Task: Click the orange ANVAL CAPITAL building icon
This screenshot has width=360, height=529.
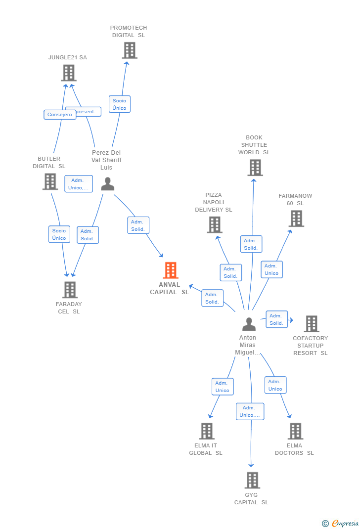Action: pos(171,270)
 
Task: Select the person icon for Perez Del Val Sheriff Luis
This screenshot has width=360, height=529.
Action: pos(107,184)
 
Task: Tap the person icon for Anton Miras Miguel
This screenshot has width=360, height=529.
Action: pos(249,324)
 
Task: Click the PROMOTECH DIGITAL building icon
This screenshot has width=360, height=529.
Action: pos(129,50)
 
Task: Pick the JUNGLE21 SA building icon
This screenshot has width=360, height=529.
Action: pos(68,73)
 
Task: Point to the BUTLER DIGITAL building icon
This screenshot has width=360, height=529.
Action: pos(50,181)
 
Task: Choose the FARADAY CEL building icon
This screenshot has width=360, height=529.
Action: pos(70,290)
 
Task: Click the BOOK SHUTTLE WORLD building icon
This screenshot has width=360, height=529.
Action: pos(255,168)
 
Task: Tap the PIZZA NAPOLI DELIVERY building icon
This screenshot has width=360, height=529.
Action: pos(214,225)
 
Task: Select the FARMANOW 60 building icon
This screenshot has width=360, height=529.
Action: pos(296,219)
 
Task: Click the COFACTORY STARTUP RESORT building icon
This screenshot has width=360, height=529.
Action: pos(311,324)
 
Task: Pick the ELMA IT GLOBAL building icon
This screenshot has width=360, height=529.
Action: pos(207,431)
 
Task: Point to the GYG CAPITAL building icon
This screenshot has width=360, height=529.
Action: pos(252,480)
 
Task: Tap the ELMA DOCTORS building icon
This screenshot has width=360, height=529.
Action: pos(295,431)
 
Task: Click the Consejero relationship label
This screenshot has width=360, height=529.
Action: pos(59,115)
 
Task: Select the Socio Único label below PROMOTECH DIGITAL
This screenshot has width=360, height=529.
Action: pos(119,104)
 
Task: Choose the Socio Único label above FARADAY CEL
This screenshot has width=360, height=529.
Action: pos(59,234)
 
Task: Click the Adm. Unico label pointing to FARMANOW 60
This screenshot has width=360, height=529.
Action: pos(271,269)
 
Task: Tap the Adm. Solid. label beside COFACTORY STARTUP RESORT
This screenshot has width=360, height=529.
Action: pos(276,319)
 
